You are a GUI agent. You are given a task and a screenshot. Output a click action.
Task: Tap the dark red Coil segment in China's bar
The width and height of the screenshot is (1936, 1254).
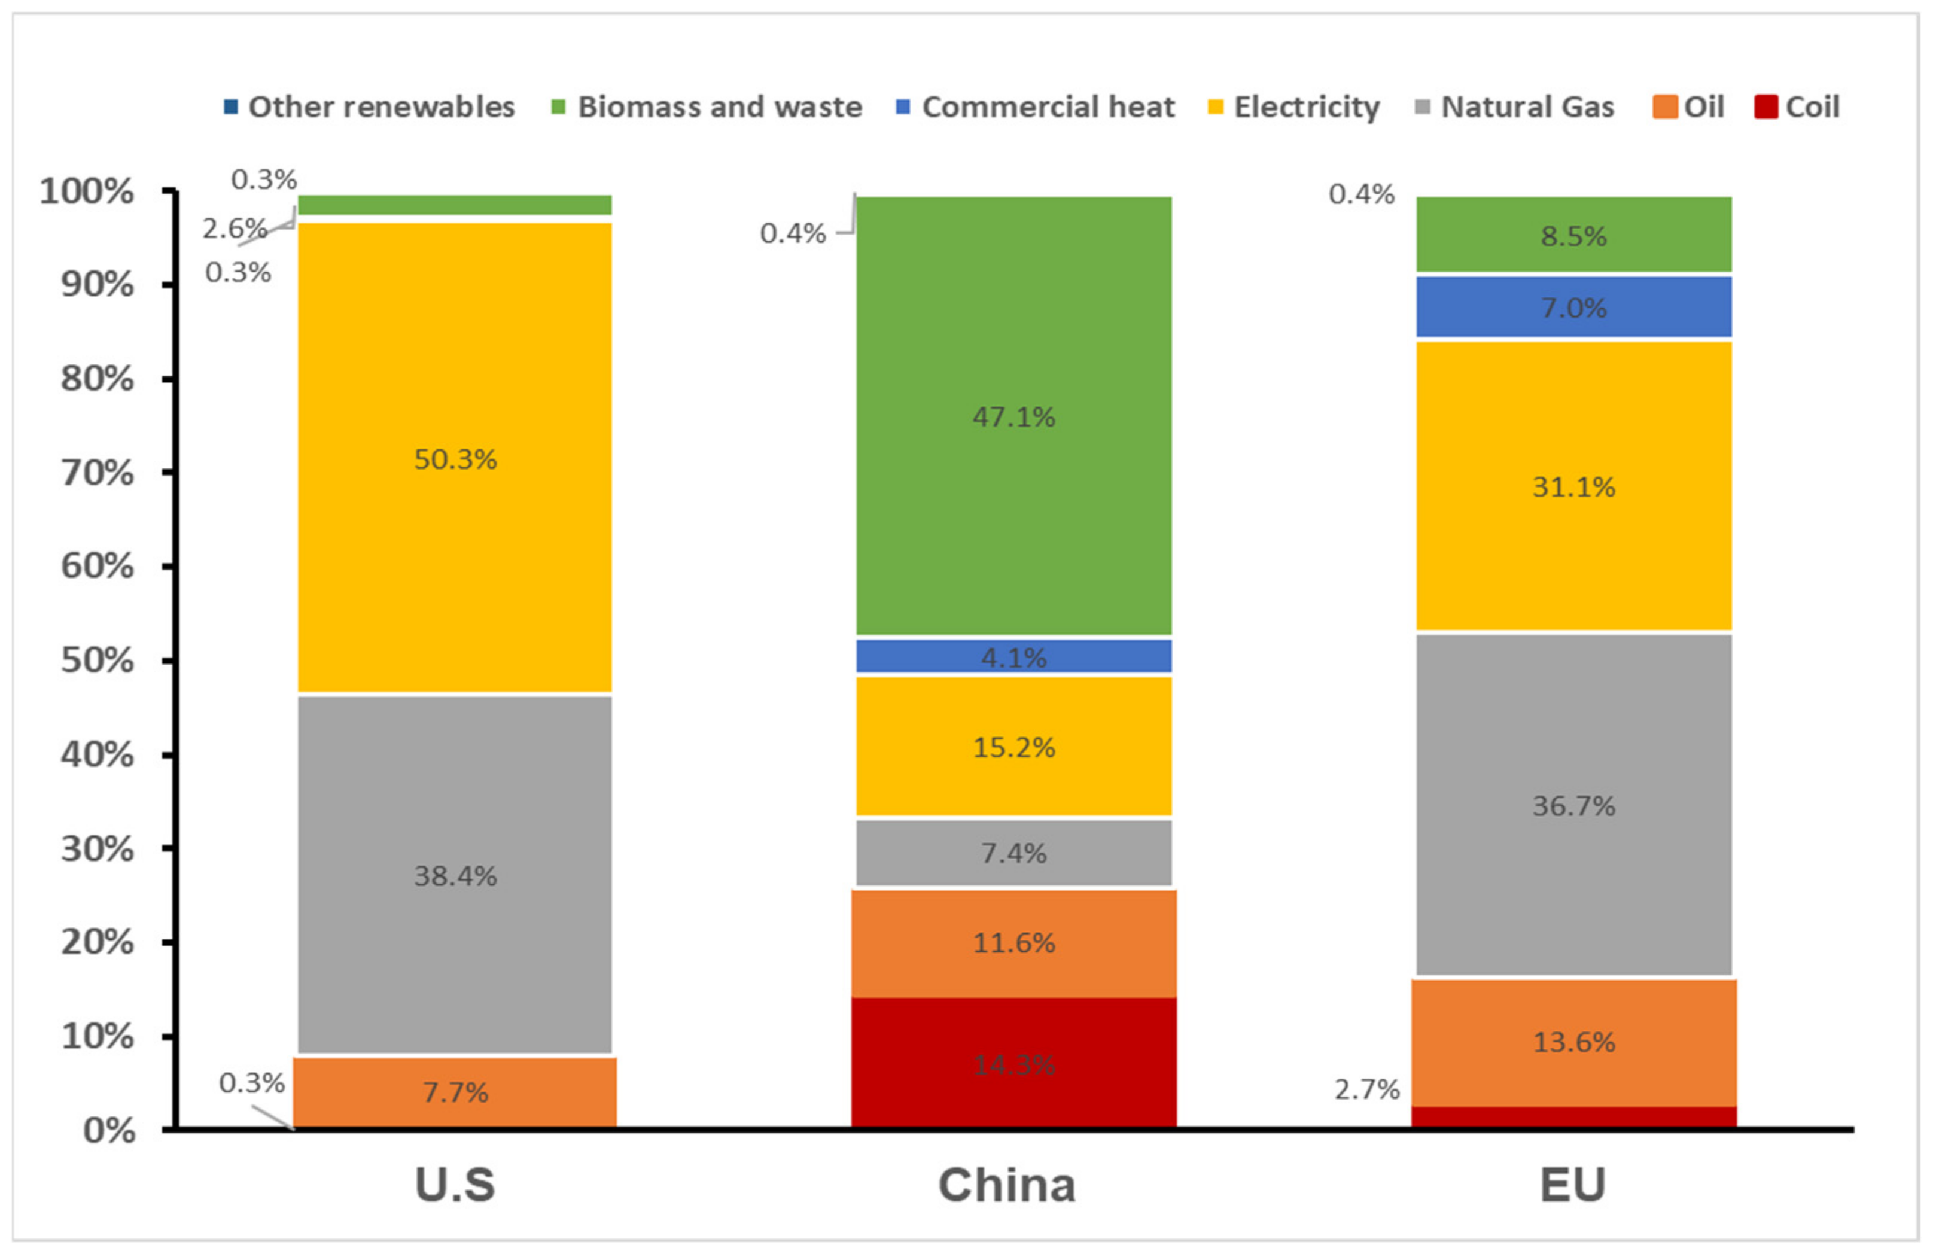(1013, 1089)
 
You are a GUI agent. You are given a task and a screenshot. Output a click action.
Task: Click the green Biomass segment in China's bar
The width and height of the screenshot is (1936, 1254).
(1013, 504)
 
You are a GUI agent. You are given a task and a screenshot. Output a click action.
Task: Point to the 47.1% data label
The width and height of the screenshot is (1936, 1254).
(1013, 417)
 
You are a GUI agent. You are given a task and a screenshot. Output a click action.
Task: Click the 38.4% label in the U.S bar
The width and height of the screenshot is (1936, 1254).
(455, 876)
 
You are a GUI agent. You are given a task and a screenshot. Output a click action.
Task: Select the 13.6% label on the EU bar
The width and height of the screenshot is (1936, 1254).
(1573, 1042)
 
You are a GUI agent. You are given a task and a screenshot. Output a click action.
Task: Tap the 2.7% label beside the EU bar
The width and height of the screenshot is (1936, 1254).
(1366, 1089)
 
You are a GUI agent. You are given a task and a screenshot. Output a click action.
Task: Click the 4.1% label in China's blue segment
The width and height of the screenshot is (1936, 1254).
(1013, 657)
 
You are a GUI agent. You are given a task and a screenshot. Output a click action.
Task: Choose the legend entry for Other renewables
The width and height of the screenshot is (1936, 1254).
(370, 106)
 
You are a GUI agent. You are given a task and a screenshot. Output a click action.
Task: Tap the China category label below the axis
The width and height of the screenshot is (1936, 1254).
(1007, 1185)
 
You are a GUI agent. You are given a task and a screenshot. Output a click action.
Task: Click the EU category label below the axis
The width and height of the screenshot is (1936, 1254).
(1572, 1185)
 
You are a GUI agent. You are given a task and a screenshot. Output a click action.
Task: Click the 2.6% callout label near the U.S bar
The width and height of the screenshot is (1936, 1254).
(235, 229)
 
